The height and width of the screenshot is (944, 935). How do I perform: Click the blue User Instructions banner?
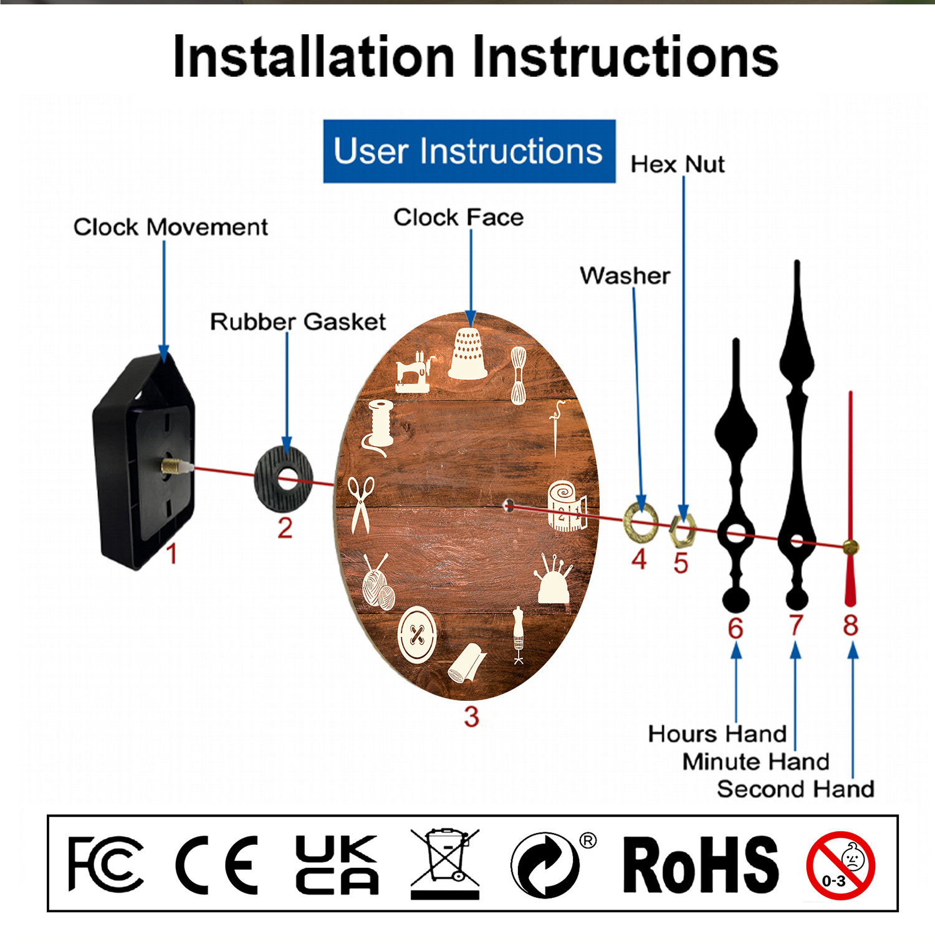click(469, 152)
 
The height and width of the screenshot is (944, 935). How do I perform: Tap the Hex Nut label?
click(678, 165)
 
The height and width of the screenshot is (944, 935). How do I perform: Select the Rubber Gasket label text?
click(298, 322)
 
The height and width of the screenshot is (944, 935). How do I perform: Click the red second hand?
click(850, 499)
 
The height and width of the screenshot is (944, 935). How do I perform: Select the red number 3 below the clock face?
click(471, 716)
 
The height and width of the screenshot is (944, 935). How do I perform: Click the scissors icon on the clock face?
click(361, 504)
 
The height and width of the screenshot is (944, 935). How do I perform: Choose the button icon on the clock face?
click(417, 635)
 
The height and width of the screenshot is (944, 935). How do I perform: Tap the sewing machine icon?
click(414, 372)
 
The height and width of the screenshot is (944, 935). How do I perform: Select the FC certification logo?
click(105, 864)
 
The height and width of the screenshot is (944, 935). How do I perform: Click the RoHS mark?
click(701, 865)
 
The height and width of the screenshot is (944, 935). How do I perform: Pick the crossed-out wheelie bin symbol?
click(445, 864)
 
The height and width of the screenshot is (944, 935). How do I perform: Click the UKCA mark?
click(337, 865)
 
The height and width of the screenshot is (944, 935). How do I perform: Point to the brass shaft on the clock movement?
click(177, 466)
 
